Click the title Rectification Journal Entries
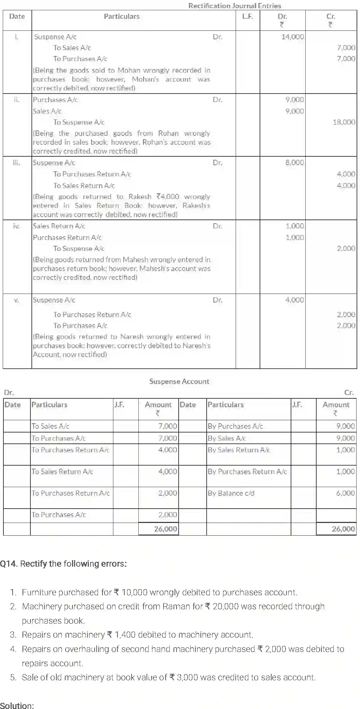point(234,5)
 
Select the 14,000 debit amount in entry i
point(292,37)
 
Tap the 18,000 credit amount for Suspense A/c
point(344,122)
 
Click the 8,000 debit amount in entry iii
point(294,162)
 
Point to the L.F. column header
point(247,16)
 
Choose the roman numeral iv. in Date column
point(16,226)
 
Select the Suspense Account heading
point(179,381)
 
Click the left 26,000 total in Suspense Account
point(165,529)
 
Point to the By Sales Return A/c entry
point(239,450)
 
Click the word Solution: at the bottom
point(17,705)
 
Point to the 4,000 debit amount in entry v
point(294,300)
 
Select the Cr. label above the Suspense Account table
point(349,393)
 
